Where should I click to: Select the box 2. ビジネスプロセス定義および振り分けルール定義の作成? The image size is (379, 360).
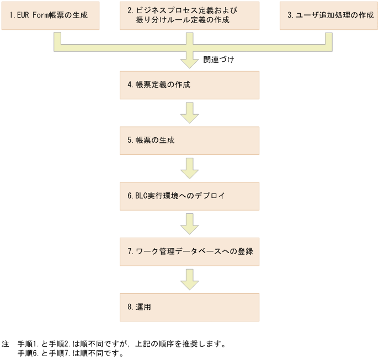190,15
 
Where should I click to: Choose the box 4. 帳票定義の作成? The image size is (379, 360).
190,85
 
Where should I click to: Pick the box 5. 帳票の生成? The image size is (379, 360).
190,141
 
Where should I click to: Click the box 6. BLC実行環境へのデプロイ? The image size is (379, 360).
190,196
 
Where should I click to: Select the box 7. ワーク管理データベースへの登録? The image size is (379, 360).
190,251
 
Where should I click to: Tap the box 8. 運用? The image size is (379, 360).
190,307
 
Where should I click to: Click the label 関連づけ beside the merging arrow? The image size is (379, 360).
218,59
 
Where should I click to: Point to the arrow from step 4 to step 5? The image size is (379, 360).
190,112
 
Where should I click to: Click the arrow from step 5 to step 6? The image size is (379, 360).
190,168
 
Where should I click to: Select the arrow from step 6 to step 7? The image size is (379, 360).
190,223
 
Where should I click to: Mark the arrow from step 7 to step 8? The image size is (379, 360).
190,279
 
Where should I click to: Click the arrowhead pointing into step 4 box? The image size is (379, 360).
190,61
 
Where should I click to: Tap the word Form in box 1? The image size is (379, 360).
41,15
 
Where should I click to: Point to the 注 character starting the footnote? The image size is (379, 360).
6,344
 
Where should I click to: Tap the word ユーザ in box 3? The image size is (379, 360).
305,15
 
